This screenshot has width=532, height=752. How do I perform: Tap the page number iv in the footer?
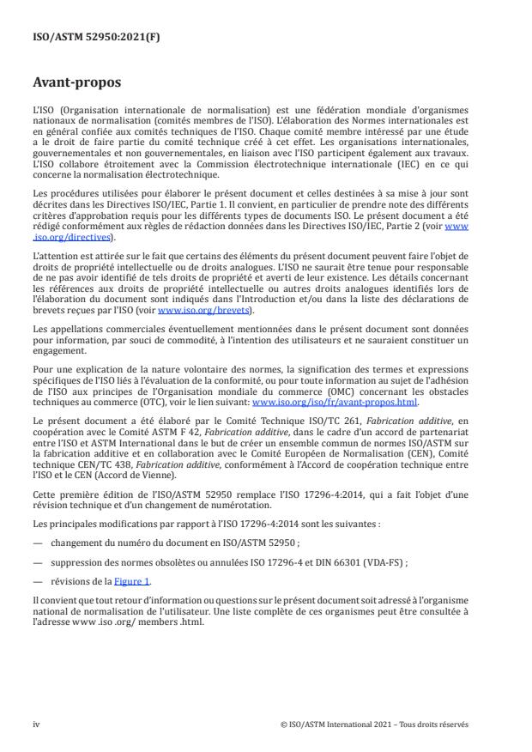point(36,725)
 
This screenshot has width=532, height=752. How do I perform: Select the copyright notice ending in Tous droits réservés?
point(374,725)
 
